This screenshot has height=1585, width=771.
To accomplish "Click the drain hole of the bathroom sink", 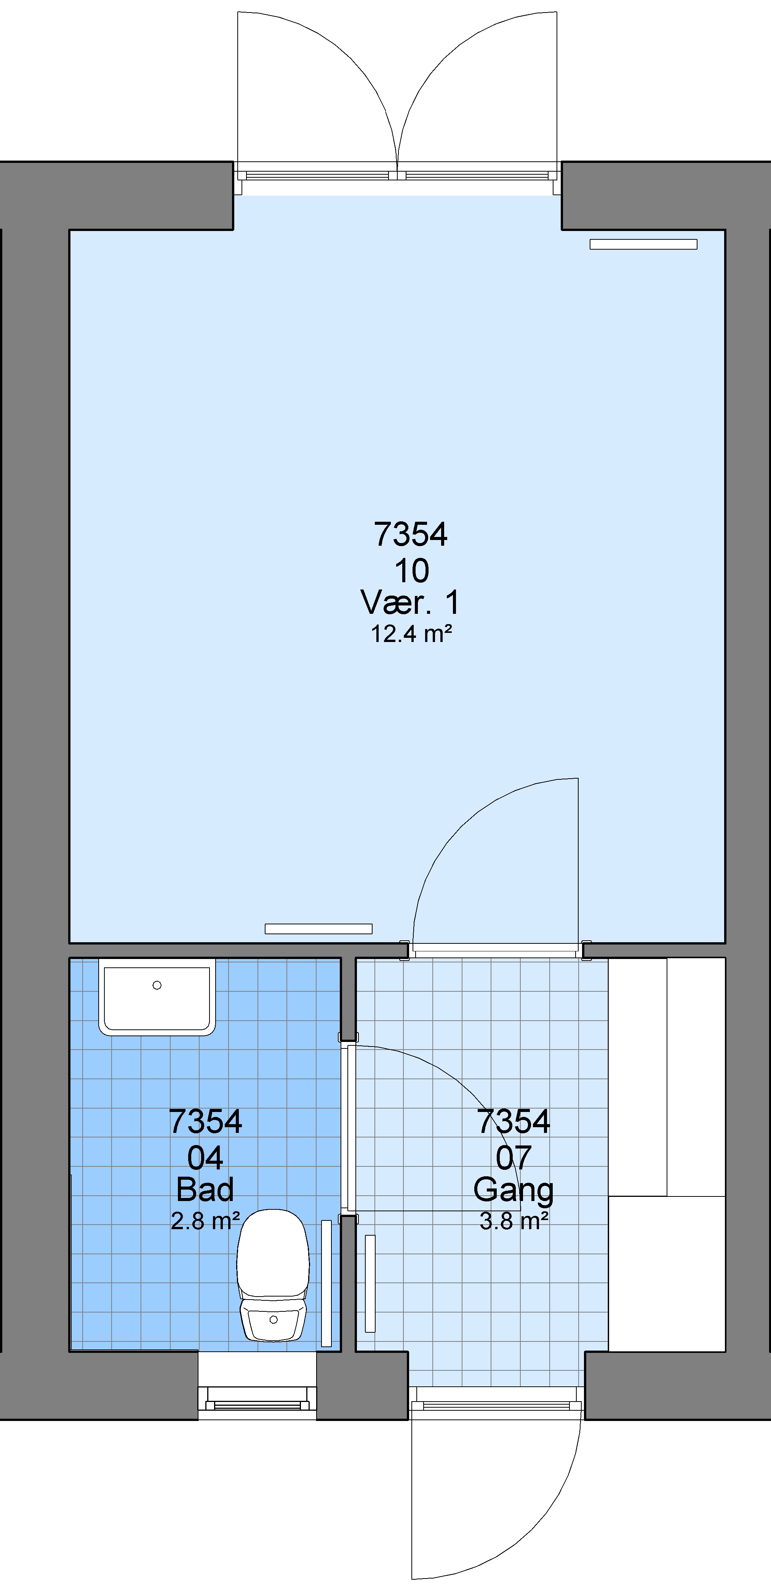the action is [157, 985].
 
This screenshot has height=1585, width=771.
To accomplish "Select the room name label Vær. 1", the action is [410, 602].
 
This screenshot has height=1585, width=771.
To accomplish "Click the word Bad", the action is [205, 1189].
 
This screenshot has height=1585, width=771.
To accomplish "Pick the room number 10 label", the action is [411, 571].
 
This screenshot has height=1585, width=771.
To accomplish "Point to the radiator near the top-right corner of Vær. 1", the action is [643, 244].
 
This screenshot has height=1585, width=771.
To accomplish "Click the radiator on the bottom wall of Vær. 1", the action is [318, 929].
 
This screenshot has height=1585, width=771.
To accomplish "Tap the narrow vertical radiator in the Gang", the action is [370, 1283].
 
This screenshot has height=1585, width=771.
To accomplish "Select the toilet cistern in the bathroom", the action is [273, 1319].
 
